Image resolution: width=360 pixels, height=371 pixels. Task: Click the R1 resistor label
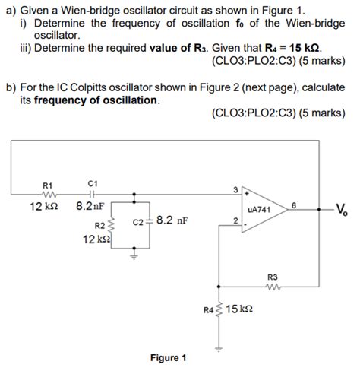coord(47,185)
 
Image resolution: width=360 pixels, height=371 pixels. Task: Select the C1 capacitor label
coord(92,184)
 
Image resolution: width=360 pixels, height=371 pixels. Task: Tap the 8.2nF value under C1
coord(90,206)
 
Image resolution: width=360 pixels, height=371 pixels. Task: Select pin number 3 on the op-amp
coord(235,189)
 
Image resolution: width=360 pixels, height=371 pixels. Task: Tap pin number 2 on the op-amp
coord(235,221)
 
